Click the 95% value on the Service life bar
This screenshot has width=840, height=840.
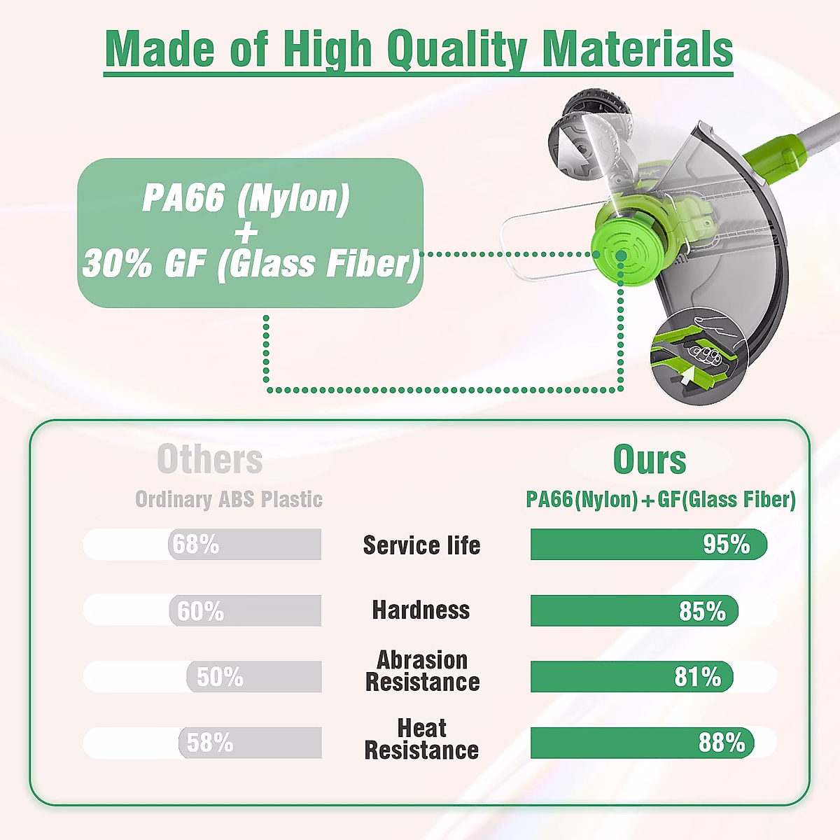tap(726, 544)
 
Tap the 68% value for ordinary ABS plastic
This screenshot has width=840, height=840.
tap(196, 544)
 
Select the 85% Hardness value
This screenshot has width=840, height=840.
tap(702, 610)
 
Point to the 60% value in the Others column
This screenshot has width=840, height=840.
tap(200, 610)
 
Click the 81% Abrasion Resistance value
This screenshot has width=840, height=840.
tap(697, 677)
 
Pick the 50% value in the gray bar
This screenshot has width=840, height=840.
tap(220, 676)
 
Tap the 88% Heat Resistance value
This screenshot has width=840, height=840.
tap(722, 743)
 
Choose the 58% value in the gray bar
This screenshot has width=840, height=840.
tap(210, 743)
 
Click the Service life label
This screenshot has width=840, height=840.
tap(421, 545)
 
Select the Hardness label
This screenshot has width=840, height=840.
tap(421, 610)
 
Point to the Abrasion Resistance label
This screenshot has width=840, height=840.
tap(422, 671)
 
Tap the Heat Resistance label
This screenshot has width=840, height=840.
tap(421, 739)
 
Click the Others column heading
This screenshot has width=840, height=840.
tap(210, 459)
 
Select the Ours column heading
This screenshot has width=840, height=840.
tap(650, 459)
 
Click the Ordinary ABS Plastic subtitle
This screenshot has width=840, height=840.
tap(229, 499)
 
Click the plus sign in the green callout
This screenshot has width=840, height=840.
tap(246, 231)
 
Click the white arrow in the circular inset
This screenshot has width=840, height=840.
tap(687, 375)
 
